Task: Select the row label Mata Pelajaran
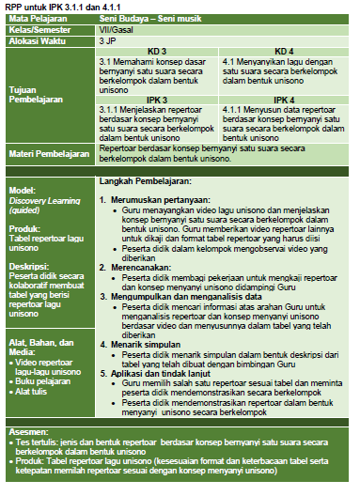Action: point(37,18)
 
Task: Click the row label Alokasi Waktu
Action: point(36,41)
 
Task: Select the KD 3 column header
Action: point(157,51)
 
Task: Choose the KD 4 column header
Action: point(284,51)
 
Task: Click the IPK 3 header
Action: point(157,99)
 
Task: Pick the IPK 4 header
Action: point(284,99)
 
